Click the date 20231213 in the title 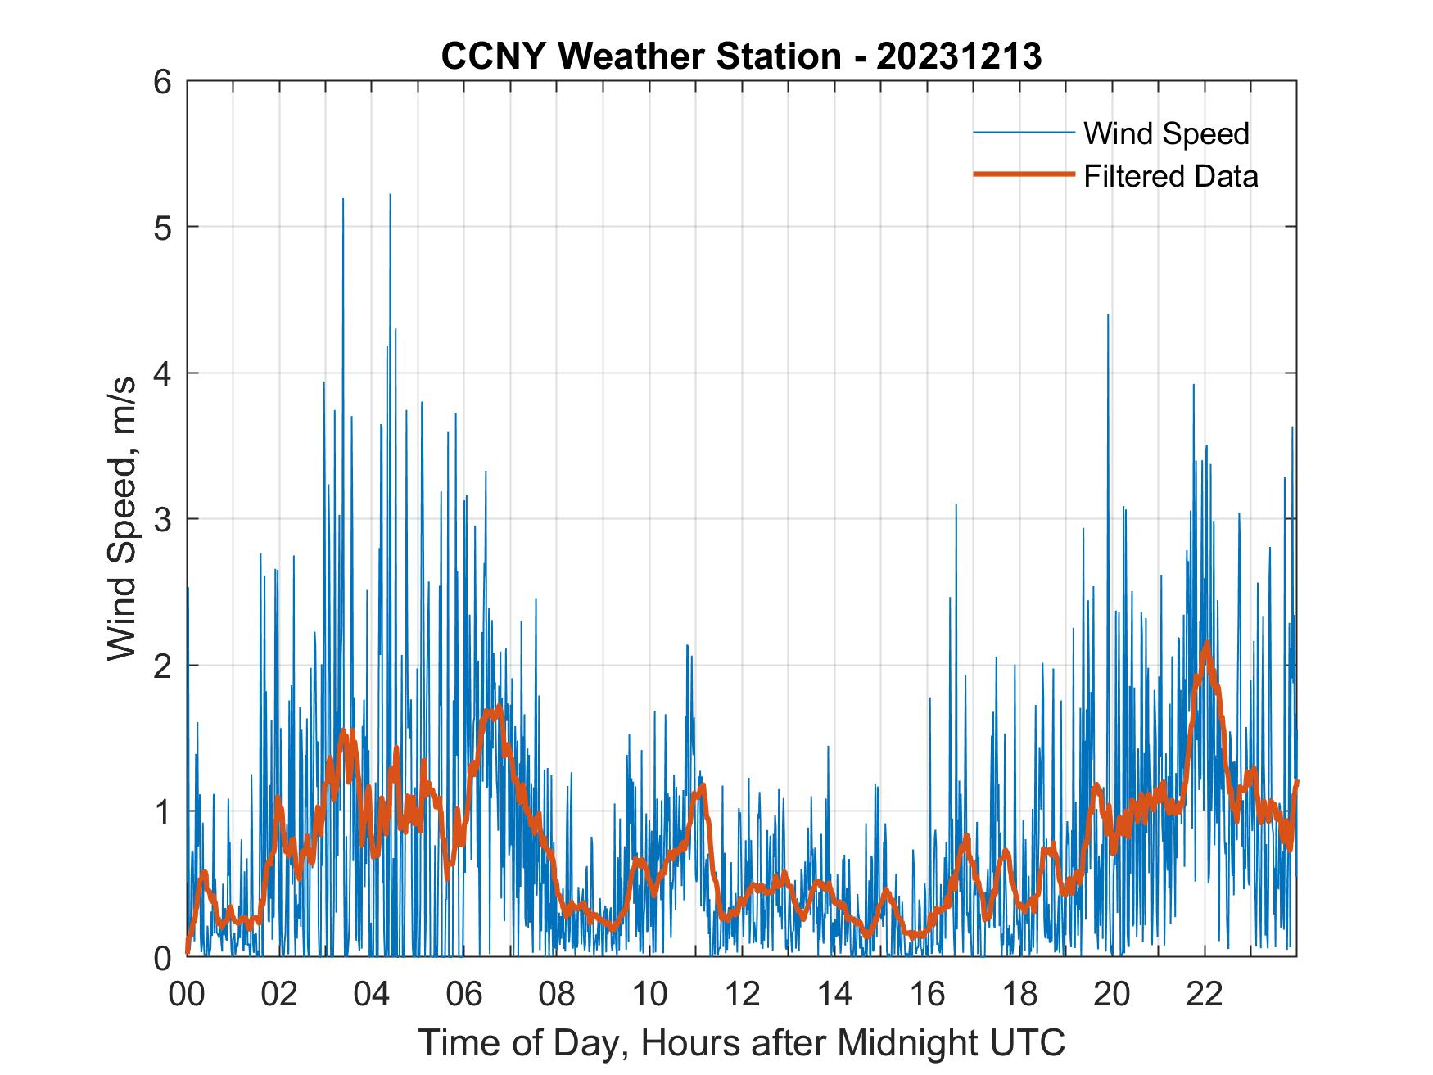[959, 56]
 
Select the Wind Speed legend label [1166, 133]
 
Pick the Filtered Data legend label [1170, 176]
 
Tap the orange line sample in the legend [1023, 174]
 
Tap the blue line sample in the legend [1023, 133]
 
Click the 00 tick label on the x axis [187, 995]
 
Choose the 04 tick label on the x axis [372, 995]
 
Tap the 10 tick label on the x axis [649, 995]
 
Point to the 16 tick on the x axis [927, 995]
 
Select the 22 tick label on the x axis [1205, 995]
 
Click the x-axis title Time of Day [741, 1044]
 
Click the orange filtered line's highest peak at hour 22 [1205, 644]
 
